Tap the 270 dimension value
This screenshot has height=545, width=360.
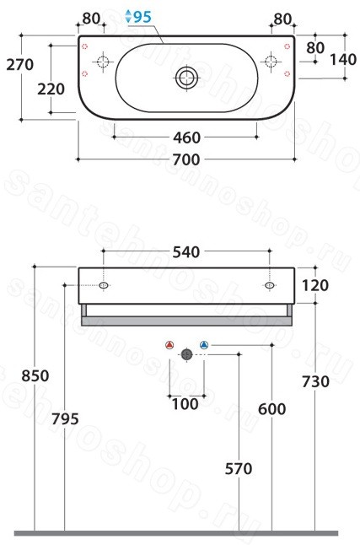20,65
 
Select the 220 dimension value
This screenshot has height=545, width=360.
51,89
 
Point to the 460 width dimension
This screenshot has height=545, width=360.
186,138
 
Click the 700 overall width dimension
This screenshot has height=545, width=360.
186,159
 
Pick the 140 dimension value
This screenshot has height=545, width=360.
343,59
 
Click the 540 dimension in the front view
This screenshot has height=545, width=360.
186,252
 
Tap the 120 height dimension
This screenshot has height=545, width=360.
315,285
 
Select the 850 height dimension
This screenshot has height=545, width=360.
35,376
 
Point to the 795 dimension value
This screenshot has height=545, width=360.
65,418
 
